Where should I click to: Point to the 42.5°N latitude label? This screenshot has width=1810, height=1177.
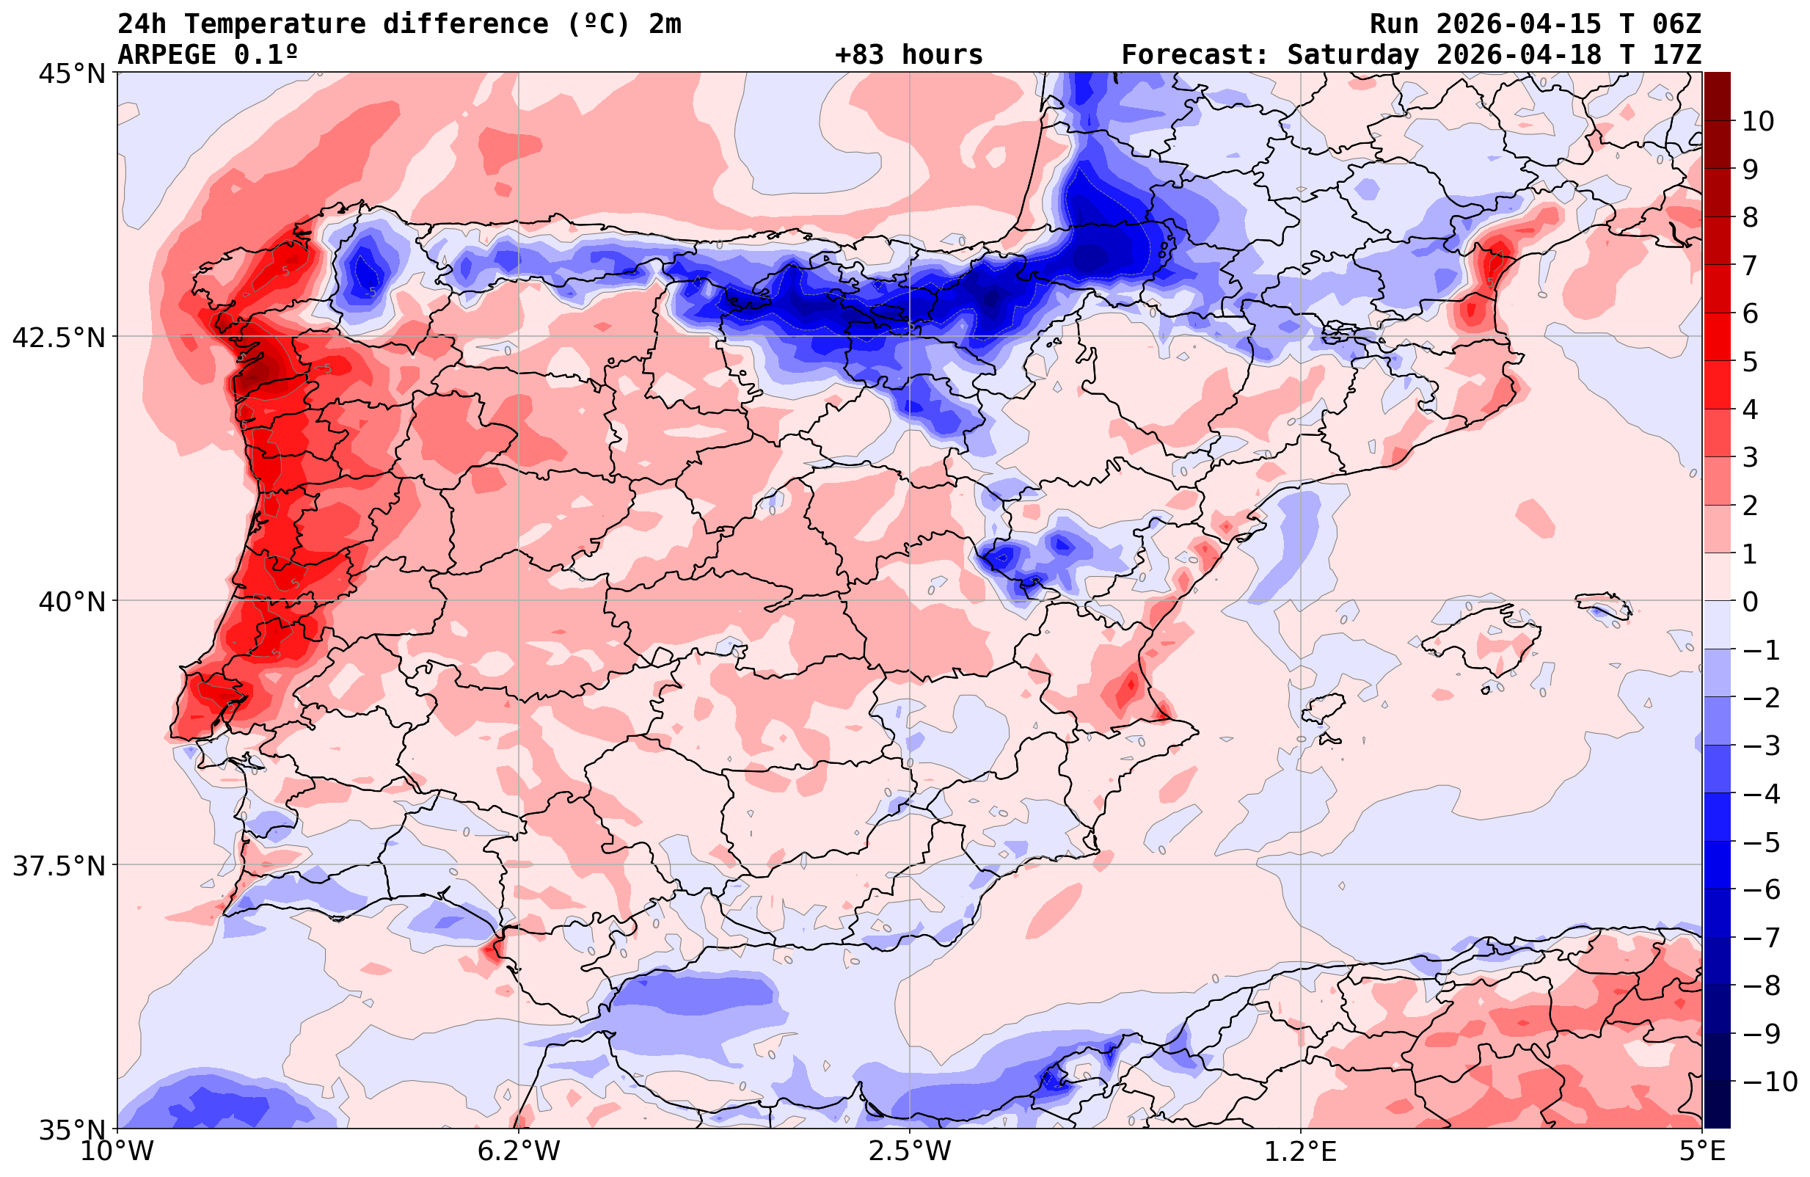pyautogui.click(x=59, y=337)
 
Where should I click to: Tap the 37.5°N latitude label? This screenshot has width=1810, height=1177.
pyautogui.click(x=59, y=866)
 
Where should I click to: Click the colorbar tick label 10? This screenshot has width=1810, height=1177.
pyautogui.click(x=1757, y=121)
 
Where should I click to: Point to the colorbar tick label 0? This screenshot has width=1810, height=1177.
pyautogui.click(x=1750, y=602)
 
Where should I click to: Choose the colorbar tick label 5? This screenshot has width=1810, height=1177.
pyautogui.click(x=1750, y=362)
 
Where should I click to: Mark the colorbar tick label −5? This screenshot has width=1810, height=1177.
pyautogui.click(x=1760, y=842)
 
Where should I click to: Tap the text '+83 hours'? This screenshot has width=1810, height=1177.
pyautogui.click(x=909, y=55)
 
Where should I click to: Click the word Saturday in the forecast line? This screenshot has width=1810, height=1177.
pyautogui.click(x=1353, y=55)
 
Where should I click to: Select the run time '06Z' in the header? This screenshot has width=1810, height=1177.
pyautogui.click(x=1676, y=24)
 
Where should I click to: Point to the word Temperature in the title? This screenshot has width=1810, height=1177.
pyautogui.click(x=282, y=24)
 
